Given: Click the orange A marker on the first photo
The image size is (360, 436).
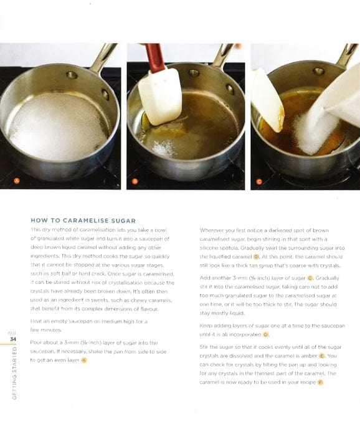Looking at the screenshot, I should (x=17, y=181).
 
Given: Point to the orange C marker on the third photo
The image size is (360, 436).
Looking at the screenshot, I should (x=260, y=181).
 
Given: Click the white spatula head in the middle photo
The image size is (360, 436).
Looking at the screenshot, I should (x=159, y=87).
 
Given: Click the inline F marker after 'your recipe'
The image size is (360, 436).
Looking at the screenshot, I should (x=320, y=382).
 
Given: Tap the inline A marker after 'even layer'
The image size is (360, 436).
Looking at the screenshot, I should (x=84, y=360).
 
